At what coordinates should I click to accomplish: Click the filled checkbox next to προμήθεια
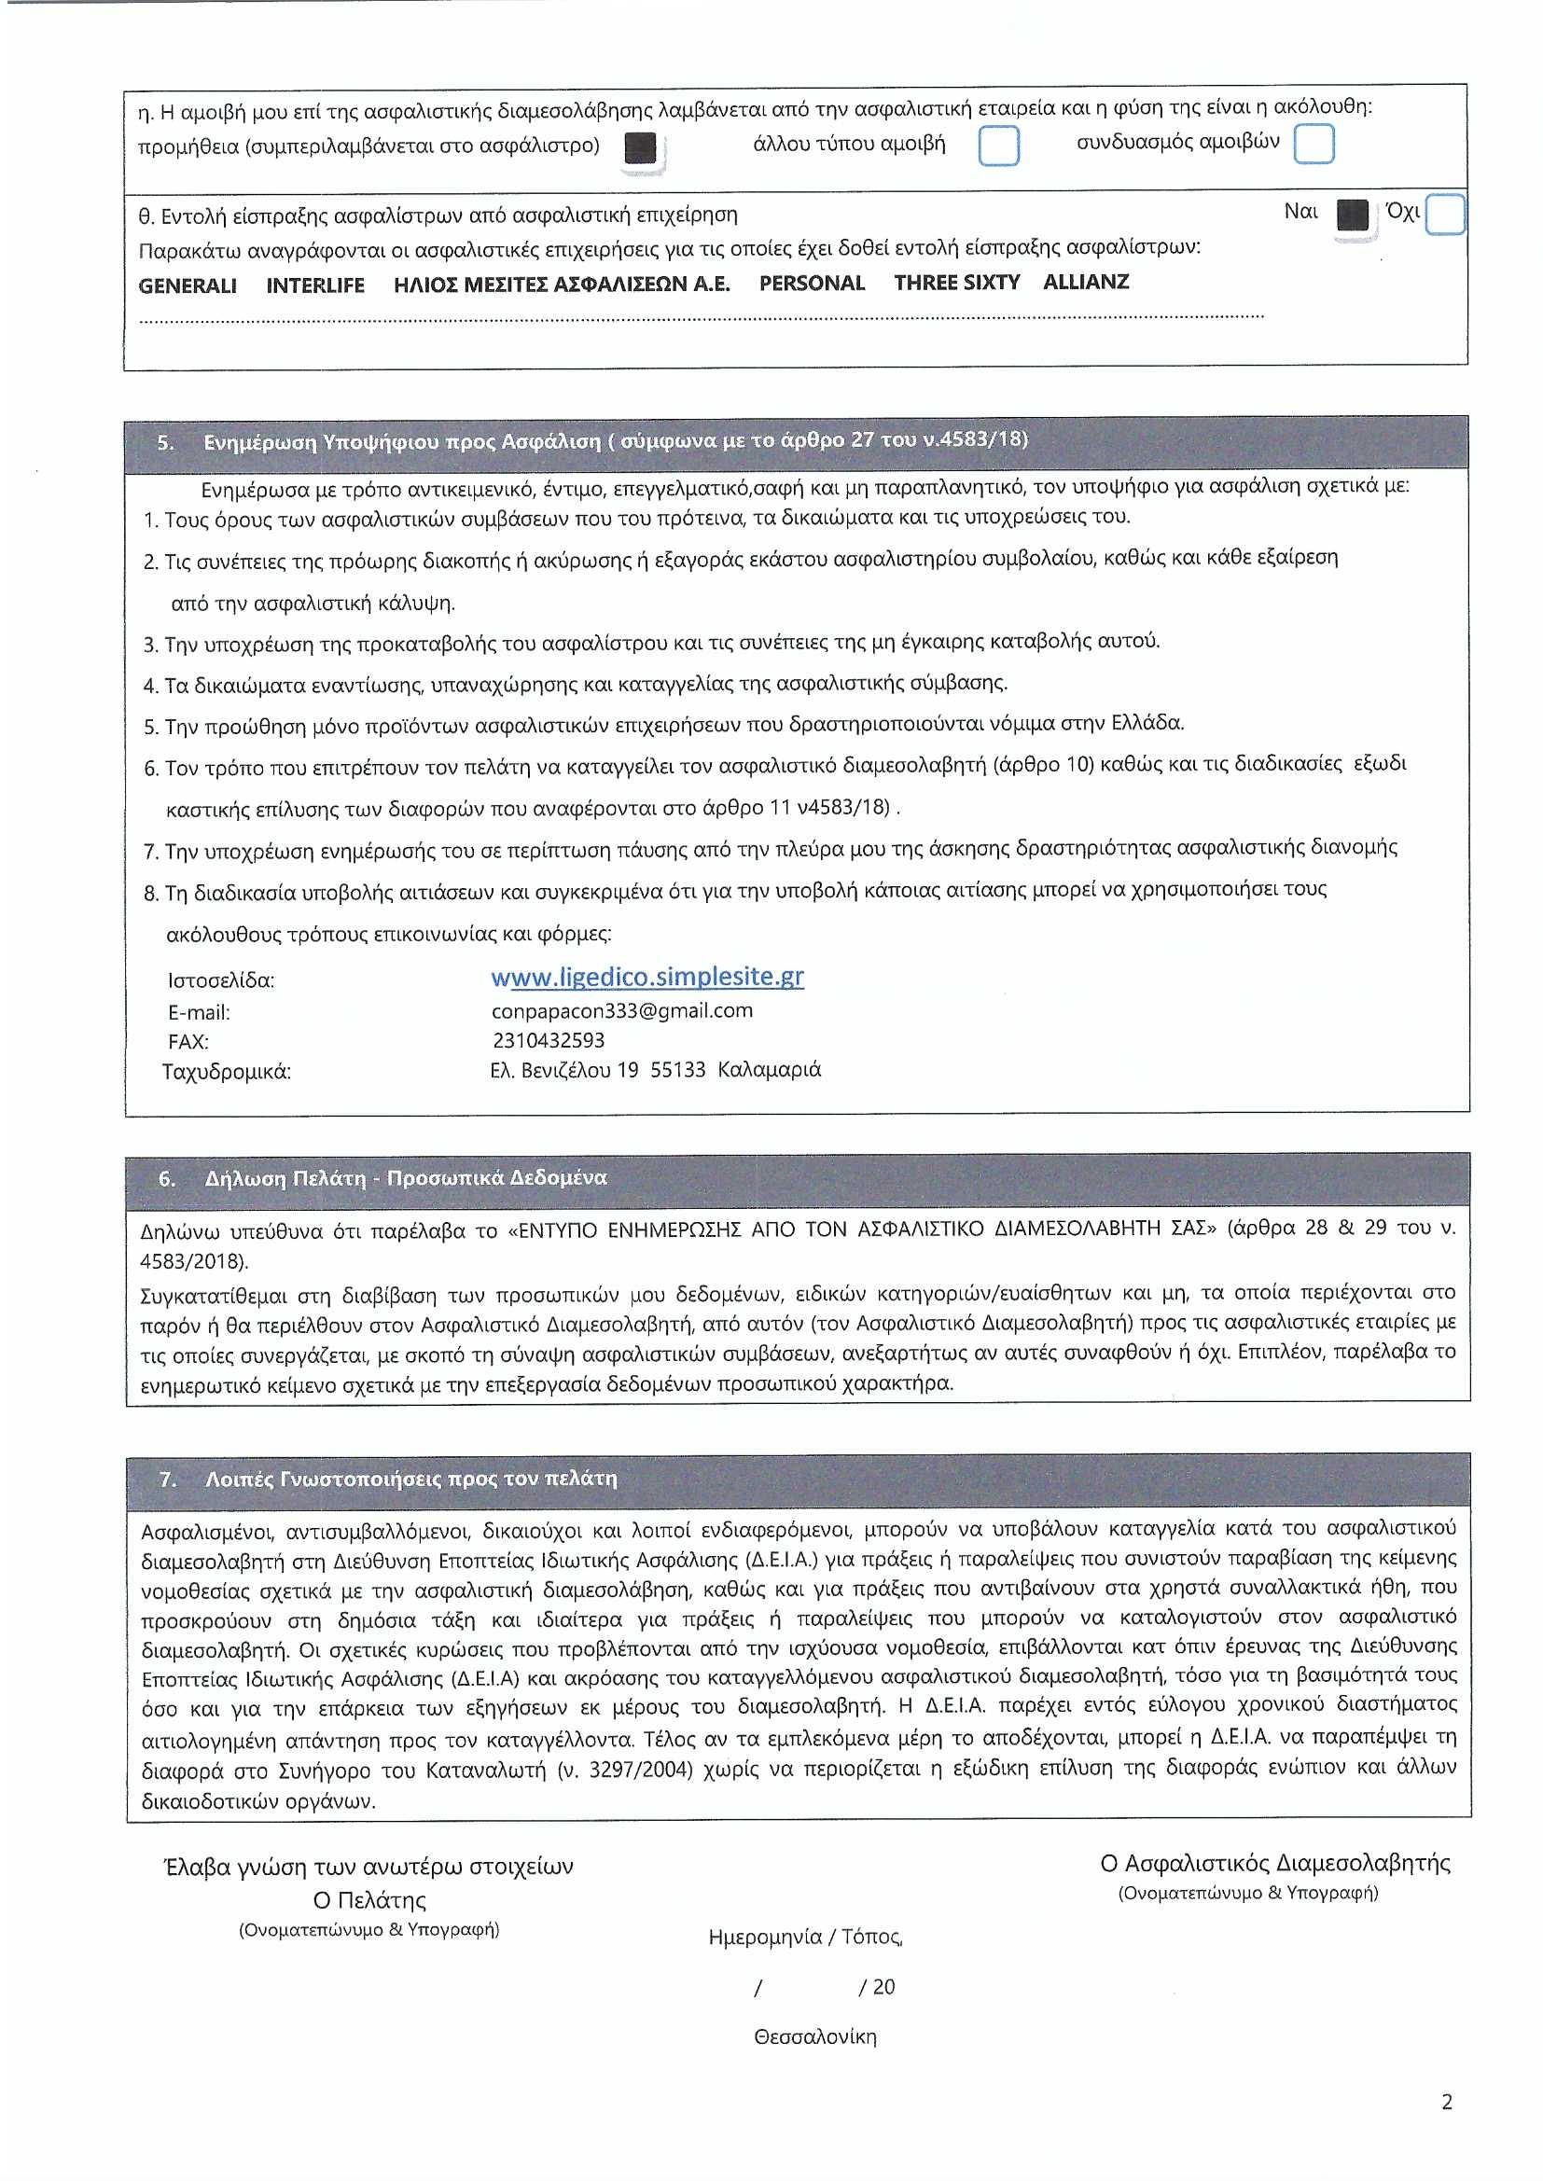(x=641, y=149)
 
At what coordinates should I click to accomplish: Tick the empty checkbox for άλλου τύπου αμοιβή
(x=998, y=146)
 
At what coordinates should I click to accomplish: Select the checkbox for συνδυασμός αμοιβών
(x=1314, y=144)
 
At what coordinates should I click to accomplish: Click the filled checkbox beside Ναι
(x=1352, y=215)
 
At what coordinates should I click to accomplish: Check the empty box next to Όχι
(x=1445, y=214)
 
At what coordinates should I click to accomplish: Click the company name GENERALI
(x=188, y=286)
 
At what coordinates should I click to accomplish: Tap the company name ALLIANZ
(x=1086, y=282)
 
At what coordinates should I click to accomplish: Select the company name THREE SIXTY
(x=957, y=283)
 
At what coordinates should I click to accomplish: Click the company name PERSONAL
(x=812, y=284)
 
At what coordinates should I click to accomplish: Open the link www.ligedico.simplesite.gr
(x=647, y=978)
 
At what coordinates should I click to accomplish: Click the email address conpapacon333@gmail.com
(x=622, y=1010)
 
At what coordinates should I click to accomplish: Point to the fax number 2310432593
(x=549, y=1040)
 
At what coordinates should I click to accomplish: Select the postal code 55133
(x=677, y=1070)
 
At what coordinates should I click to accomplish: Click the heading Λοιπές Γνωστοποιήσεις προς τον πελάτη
(x=410, y=1479)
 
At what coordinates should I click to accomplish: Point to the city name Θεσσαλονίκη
(x=815, y=2036)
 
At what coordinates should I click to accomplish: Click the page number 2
(x=1447, y=2102)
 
